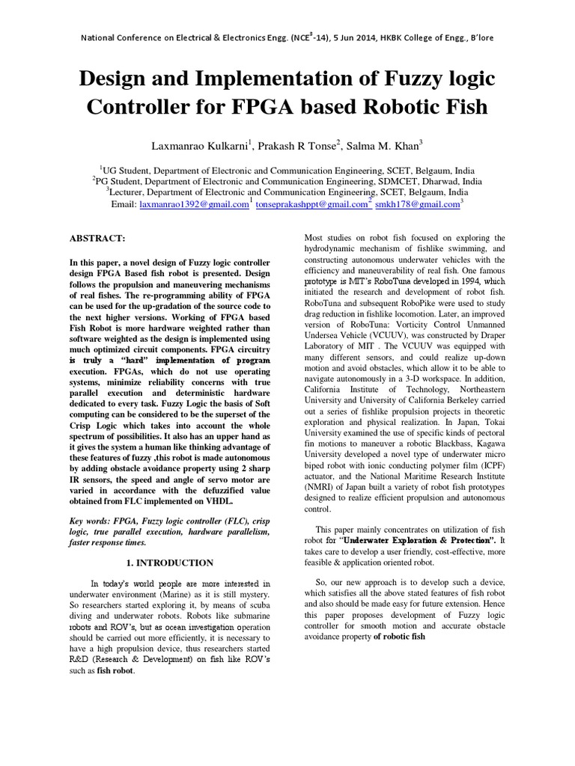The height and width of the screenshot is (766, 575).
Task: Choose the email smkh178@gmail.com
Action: pyautogui.click(x=416, y=203)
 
